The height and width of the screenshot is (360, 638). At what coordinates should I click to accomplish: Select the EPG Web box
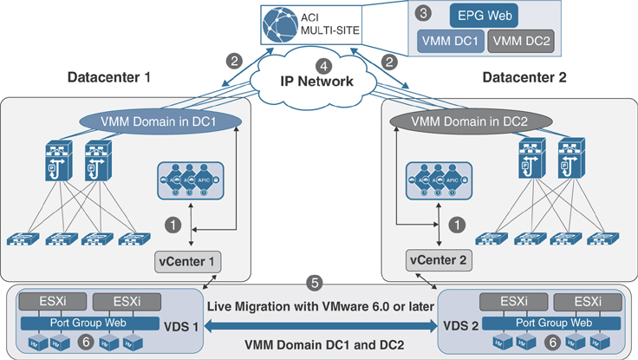coord(485,15)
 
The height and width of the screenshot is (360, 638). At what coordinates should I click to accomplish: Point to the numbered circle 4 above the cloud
coord(322,65)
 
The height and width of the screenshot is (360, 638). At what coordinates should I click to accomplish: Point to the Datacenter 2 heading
coord(525,78)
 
